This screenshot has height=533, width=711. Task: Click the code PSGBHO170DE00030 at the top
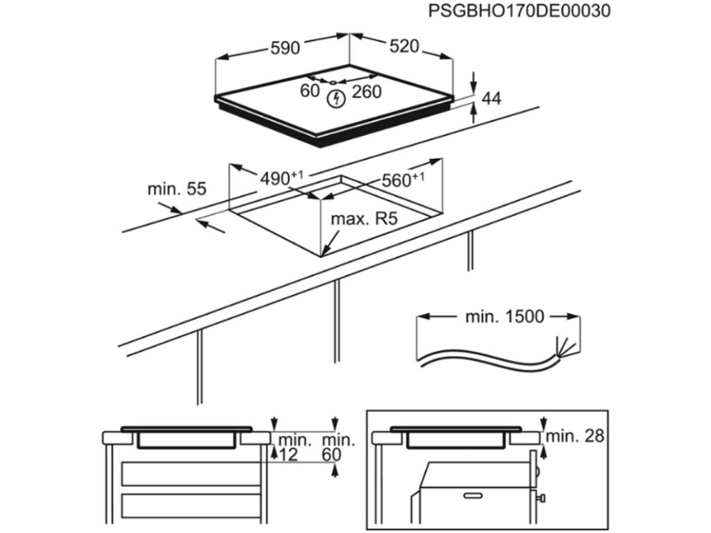[x=519, y=11]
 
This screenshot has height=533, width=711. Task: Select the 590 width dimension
[x=285, y=48]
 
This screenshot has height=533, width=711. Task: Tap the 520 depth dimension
[x=404, y=46]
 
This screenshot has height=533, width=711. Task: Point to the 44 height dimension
[x=491, y=99]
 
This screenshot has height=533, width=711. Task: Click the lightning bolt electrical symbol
[x=336, y=99]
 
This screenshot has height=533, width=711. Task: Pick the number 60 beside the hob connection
[x=310, y=91]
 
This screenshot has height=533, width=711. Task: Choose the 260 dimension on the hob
[x=367, y=92]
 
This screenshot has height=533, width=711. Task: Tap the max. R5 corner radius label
[x=363, y=219]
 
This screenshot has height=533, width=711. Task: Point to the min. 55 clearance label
[x=176, y=189]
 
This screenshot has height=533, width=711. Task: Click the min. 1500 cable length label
[x=504, y=317]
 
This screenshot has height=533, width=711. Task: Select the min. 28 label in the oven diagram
[x=574, y=437]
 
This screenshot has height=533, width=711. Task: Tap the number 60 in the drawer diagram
[x=332, y=455]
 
